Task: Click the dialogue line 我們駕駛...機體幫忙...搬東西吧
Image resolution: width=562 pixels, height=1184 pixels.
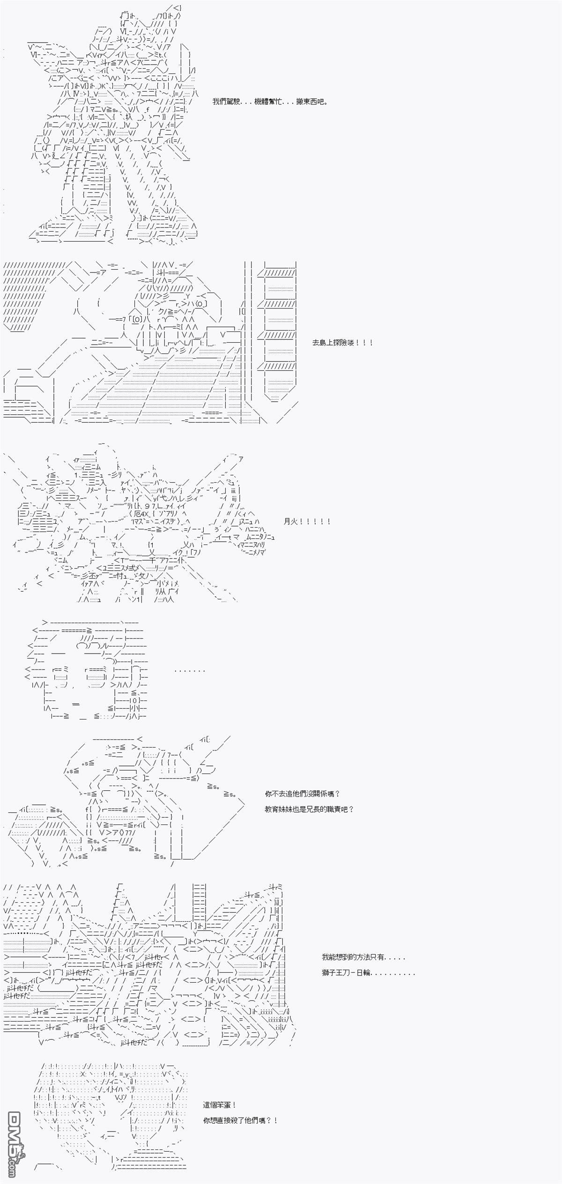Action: pos(270,102)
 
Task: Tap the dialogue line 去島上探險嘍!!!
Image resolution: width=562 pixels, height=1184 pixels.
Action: pos(343,343)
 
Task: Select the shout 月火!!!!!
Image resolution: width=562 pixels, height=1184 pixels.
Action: pos(307,521)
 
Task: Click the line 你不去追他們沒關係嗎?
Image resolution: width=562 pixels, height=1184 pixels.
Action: pos(302,794)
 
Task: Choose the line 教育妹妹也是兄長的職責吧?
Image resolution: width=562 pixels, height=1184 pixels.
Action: pos(309,809)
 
